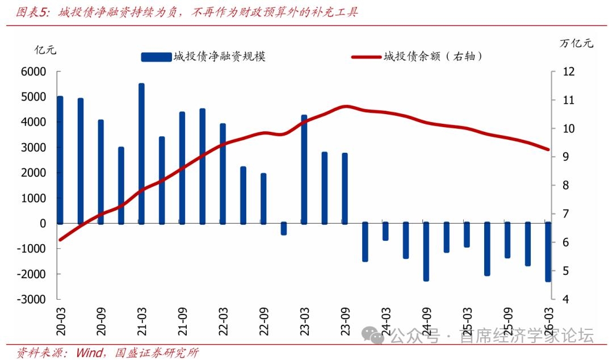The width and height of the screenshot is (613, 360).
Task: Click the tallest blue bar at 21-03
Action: click(141, 153)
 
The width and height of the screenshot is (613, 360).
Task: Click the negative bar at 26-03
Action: click(548, 252)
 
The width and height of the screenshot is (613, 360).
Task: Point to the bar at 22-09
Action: click(263, 198)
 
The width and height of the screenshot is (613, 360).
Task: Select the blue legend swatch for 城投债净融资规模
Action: click(156, 56)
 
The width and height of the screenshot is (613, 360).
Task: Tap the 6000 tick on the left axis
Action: click(35, 72)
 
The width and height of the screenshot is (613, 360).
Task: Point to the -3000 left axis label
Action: click(33, 299)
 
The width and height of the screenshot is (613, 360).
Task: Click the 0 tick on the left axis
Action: click(43, 223)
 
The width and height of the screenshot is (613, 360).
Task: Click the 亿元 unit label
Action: click(45, 49)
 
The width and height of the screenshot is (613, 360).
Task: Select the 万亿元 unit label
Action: click(576, 43)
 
